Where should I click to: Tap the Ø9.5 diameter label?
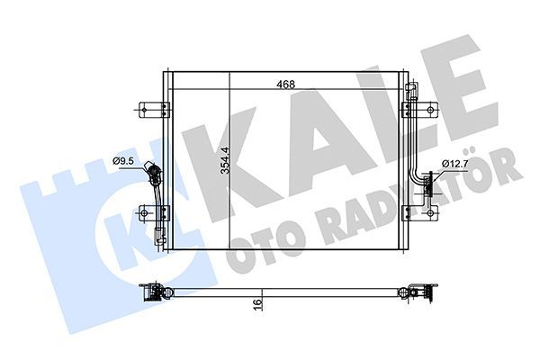pyautogui.click(x=123, y=161)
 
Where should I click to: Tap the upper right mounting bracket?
pyautogui.click(x=420, y=110)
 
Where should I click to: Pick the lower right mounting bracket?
pyautogui.click(x=420, y=213)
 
